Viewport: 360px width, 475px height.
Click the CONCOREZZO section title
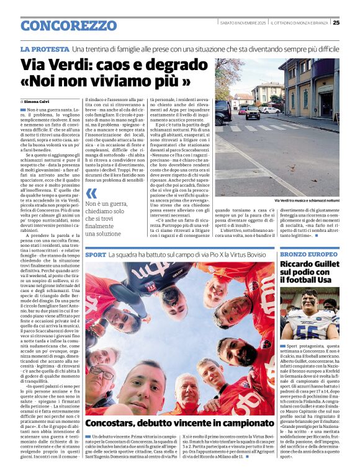[68, 25]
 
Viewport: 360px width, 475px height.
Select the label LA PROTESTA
[44, 49]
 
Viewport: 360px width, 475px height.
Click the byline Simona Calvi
[38, 100]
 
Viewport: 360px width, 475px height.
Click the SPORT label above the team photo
[96, 255]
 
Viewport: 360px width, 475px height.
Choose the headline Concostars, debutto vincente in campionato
[171, 423]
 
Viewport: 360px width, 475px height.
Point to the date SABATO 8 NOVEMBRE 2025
[245, 23]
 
